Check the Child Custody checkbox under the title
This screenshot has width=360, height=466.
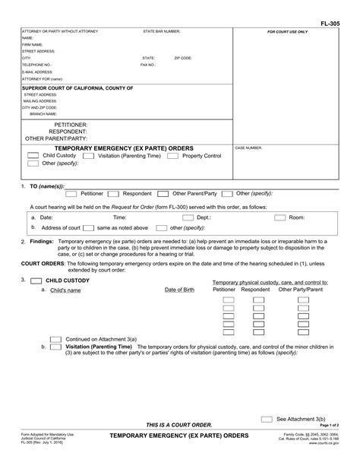[x=33, y=156]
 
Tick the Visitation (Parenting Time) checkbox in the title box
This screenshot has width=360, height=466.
[x=88, y=156]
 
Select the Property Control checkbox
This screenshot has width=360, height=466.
[x=172, y=156]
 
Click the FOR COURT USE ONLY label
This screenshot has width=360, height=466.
[x=287, y=33]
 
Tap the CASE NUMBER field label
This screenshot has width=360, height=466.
[x=249, y=148]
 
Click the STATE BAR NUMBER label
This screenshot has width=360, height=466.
[x=161, y=32]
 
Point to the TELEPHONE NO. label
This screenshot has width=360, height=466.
[x=36, y=65]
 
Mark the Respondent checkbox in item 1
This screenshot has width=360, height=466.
[x=115, y=194]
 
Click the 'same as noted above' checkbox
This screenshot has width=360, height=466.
[x=89, y=227]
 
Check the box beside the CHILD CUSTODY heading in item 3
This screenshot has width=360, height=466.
[x=36, y=281]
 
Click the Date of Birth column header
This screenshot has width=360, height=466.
[x=179, y=290]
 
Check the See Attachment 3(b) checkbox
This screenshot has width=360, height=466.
[x=267, y=418]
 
